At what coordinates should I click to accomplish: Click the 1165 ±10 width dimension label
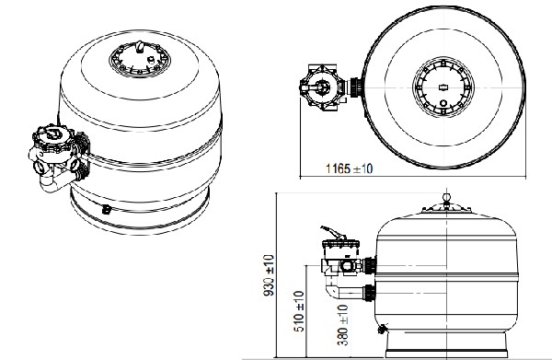(x=349, y=168)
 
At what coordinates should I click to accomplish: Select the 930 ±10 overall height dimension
(x=269, y=275)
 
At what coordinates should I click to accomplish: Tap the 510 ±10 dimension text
(x=299, y=311)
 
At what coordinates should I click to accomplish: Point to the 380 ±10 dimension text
(x=342, y=325)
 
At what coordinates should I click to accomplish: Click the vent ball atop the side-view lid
(x=446, y=197)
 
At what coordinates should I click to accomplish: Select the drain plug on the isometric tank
(x=107, y=209)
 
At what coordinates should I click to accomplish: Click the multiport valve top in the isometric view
(x=53, y=134)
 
